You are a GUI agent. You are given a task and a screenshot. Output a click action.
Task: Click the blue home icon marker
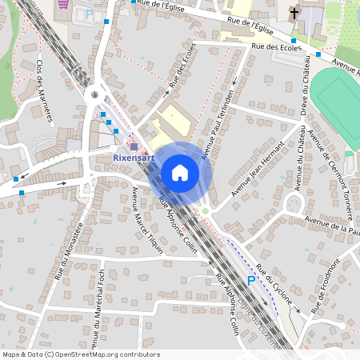pos(180,173)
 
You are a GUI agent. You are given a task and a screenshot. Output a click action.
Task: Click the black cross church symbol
pos(295,13)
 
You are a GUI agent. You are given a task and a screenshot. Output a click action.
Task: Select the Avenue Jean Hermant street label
pos(258,170)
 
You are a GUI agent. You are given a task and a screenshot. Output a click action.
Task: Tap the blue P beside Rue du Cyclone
pos(250,281)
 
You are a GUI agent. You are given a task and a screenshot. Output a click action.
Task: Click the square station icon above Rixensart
pos(134,146)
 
